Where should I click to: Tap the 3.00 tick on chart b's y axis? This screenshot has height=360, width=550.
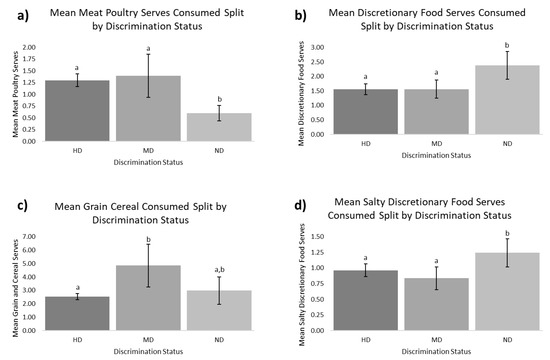317,47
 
